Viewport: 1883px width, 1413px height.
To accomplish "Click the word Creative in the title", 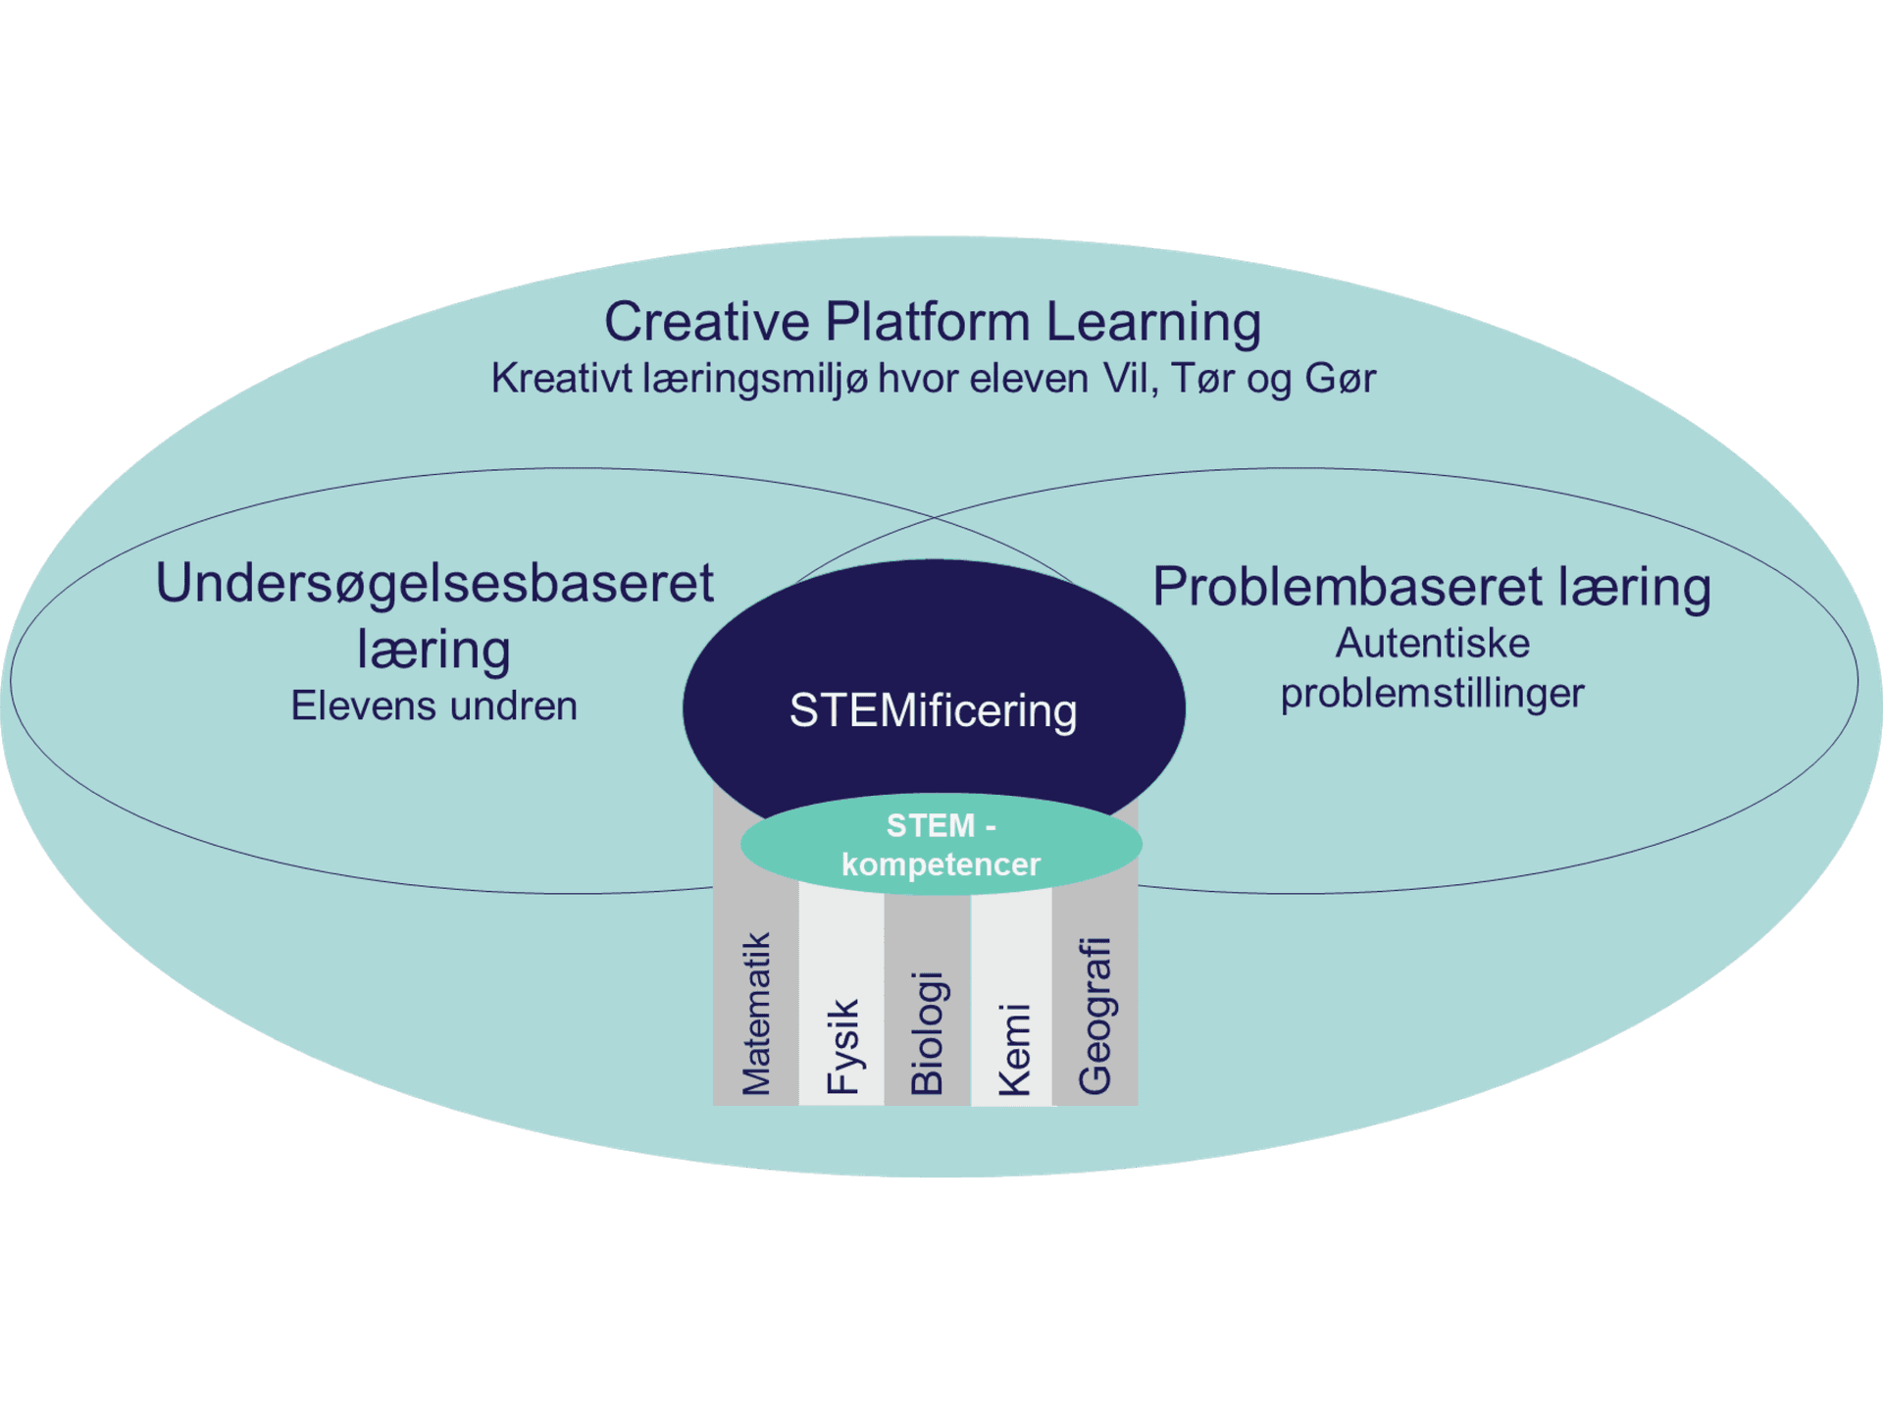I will tap(706, 322).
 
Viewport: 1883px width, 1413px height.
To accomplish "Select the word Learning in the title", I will tap(1153, 322).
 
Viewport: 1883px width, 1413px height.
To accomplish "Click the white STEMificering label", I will tap(933, 710).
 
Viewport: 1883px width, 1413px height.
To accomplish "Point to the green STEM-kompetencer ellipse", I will tap(941, 845).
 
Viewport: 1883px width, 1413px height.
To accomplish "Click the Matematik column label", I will tap(756, 1013).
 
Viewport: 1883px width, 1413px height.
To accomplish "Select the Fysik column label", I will tap(842, 1046).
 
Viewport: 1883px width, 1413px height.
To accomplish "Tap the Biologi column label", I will tap(927, 1032).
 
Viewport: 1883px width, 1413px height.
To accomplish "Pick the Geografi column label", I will tap(1095, 1016).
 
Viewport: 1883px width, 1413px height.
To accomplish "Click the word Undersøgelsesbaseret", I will tap(434, 584).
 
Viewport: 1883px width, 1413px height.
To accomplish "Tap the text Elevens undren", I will tap(434, 706).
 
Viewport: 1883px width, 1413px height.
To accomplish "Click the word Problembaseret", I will tap(1348, 587).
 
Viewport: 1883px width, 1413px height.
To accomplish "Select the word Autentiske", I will tap(1432, 644).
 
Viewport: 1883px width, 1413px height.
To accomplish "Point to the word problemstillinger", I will tap(1432, 694).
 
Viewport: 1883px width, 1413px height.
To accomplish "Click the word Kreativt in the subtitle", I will tap(561, 379).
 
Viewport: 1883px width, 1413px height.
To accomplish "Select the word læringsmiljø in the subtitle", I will tap(755, 379).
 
